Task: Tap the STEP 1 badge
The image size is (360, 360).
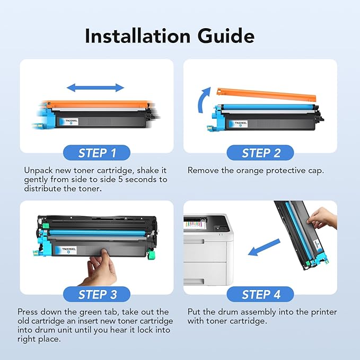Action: (x=97, y=154)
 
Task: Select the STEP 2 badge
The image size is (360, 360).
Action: (x=260, y=154)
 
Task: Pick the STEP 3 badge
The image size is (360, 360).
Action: (x=97, y=294)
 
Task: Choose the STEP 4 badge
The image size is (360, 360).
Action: (x=260, y=294)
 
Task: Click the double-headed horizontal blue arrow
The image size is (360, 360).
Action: (x=96, y=87)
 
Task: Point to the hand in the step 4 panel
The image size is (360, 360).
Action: (x=323, y=217)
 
